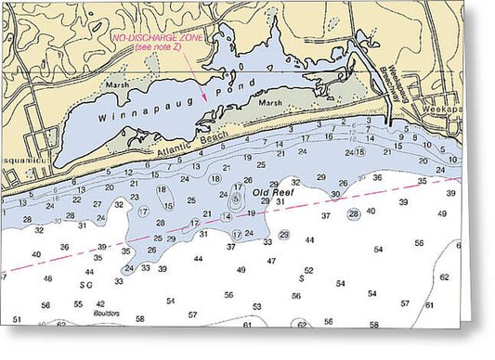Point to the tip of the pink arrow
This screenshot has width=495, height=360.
pyautogui.click(x=204, y=75)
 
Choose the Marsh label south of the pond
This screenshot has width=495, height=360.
pyautogui.click(x=270, y=102)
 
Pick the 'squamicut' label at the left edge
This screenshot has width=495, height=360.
pyautogui.click(x=15, y=160)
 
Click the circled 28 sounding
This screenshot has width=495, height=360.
pyautogui.click(x=353, y=214)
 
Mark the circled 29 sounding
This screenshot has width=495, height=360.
pyautogui.click(x=284, y=235)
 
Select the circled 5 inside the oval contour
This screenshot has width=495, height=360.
pyautogui.click(x=236, y=198)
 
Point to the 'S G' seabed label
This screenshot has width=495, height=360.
pyautogui.click(x=86, y=285)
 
